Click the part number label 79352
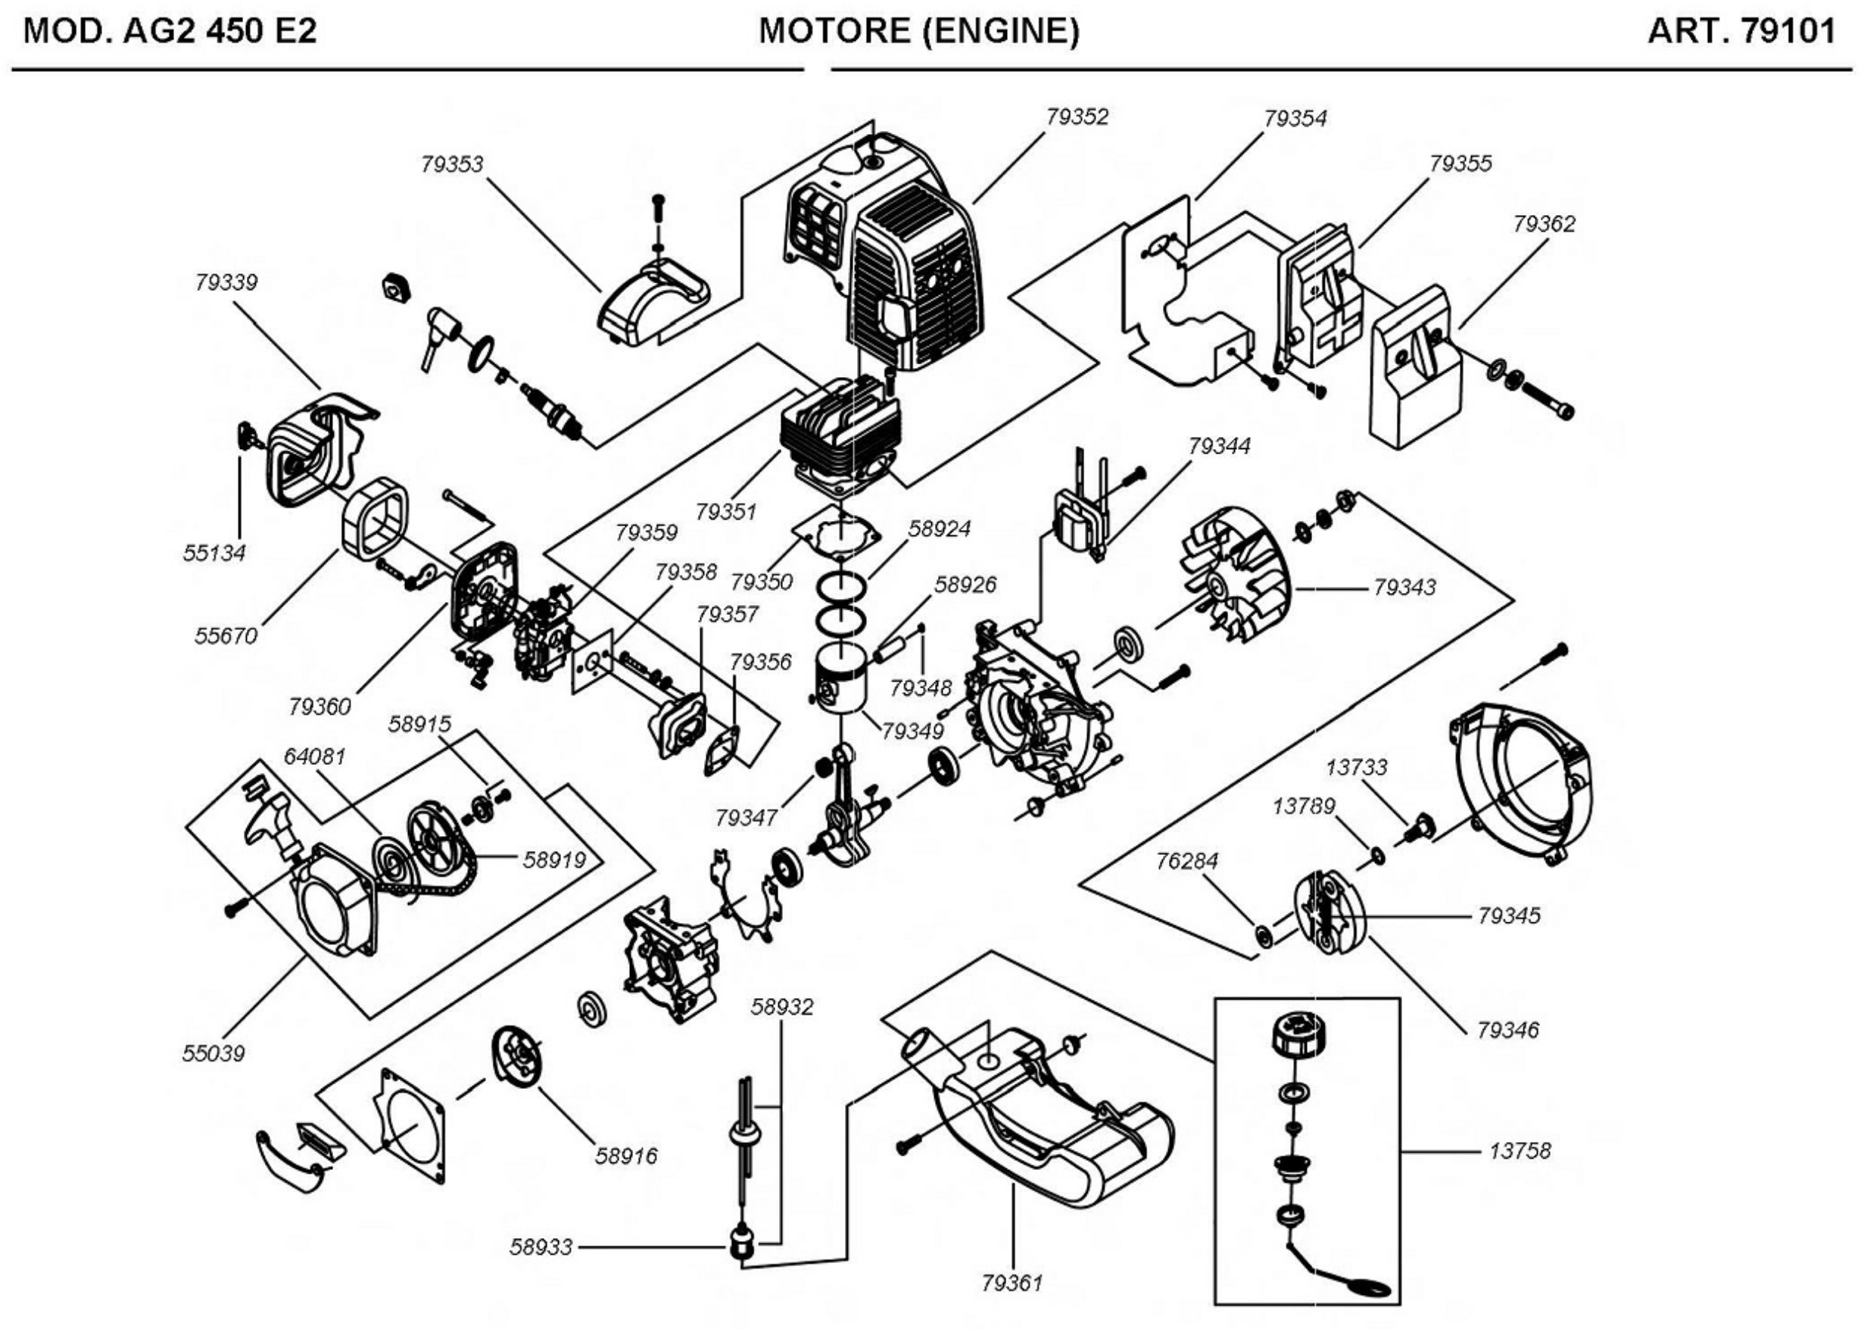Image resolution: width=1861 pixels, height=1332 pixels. pyautogui.click(x=1077, y=117)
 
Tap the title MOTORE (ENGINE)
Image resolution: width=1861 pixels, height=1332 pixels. pyautogui.click(x=919, y=31)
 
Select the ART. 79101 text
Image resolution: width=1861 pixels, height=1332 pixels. pyautogui.click(x=1741, y=31)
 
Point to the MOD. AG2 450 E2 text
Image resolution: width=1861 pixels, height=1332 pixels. pyautogui.click(x=170, y=31)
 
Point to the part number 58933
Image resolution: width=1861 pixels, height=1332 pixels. pyautogui.click(x=541, y=1247)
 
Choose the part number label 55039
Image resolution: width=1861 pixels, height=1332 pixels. pyautogui.click(x=214, y=1053)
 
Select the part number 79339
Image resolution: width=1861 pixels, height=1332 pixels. pyautogui.click(x=226, y=282)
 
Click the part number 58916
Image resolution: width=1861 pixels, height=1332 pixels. pyautogui.click(x=626, y=1156)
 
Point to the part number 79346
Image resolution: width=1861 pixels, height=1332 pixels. pyautogui.click(x=1507, y=1029)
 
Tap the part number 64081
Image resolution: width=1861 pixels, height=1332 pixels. pyautogui.click(x=314, y=756)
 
